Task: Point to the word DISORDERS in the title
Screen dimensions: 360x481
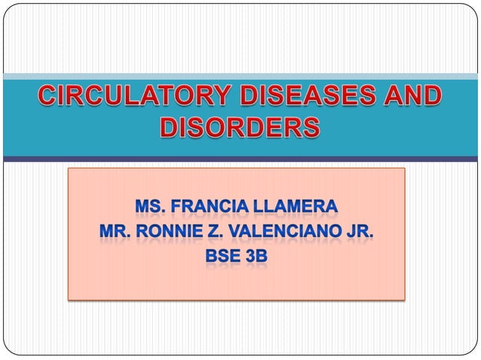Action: (240, 128)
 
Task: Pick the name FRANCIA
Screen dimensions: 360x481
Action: (213, 206)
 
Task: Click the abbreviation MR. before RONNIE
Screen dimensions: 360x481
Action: (118, 230)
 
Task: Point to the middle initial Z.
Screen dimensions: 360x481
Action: (225, 230)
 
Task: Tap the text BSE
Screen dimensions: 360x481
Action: (223, 256)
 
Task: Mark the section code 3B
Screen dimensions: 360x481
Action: (257, 256)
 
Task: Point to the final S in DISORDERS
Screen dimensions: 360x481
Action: (311, 128)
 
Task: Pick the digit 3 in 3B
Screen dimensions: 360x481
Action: (251, 256)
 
